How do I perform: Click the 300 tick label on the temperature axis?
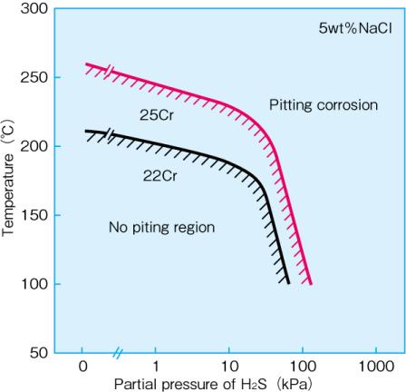[34, 9]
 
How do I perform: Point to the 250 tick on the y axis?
[34, 77]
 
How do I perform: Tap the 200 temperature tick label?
[34, 146]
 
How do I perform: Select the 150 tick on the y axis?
[34, 215]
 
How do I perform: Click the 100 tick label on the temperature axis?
[34, 284]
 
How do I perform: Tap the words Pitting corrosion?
[323, 105]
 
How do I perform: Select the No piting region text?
[161, 227]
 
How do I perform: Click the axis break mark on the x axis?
[118, 353]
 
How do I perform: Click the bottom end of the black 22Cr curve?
[288, 282]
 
